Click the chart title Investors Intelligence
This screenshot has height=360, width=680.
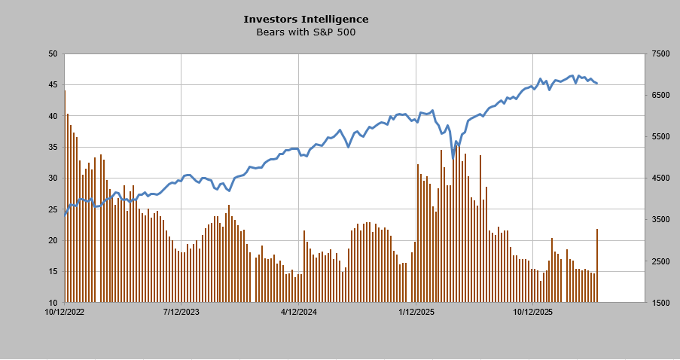[x=306, y=19]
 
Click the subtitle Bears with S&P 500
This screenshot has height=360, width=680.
[x=306, y=32]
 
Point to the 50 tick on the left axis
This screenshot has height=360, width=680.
[x=52, y=54]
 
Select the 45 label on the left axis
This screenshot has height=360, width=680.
[x=52, y=85]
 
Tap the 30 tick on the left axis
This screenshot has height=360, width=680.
[x=52, y=178]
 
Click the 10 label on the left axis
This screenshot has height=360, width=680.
[x=52, y=303]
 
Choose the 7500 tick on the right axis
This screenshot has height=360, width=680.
[x=660, y=54]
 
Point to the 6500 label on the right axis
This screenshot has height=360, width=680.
[x=660, y=96]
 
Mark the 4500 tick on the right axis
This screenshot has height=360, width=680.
[x=660, y=178]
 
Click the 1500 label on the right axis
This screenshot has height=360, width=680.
[x=660, y=303]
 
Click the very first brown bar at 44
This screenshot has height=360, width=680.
[x=65, y=196]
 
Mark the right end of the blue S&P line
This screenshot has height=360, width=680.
[x=597, y=83]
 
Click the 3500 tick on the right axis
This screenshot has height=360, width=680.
[x=660, y=220]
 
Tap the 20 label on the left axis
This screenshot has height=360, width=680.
[x=52, y=241]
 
